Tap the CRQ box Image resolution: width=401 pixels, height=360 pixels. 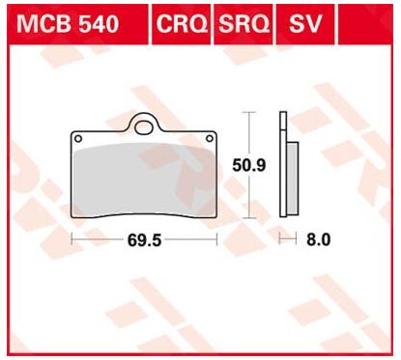(x=181, y=23)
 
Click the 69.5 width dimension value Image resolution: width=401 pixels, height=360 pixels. (x=144, y=238)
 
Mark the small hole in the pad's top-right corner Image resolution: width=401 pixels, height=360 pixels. (x=213, y=138)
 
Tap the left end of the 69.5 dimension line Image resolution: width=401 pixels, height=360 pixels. (x=73, y=238)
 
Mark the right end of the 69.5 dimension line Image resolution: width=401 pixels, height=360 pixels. (x=216, y=238)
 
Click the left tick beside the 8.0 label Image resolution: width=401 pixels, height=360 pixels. (x=279, y=238)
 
